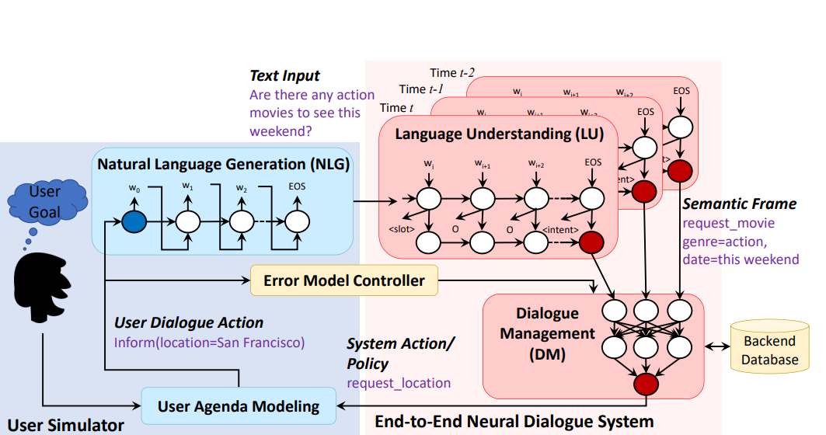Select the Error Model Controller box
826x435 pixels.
tap(344, 280)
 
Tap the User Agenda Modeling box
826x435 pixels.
tap(238, 405)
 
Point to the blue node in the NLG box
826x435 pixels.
tap(134, 222)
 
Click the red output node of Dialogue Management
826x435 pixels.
tap(645, 384)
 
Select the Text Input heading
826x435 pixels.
tap(284, 75)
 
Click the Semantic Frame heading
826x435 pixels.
tap(739, 204)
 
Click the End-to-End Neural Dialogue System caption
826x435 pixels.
tap(514, 423)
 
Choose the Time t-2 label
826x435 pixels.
tap(452, 73)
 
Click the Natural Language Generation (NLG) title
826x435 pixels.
tap(224, 164)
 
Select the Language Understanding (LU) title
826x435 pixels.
tap(499, 134)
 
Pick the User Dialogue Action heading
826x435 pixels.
tap(189, 322)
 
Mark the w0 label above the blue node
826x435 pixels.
tap(134, 189)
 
